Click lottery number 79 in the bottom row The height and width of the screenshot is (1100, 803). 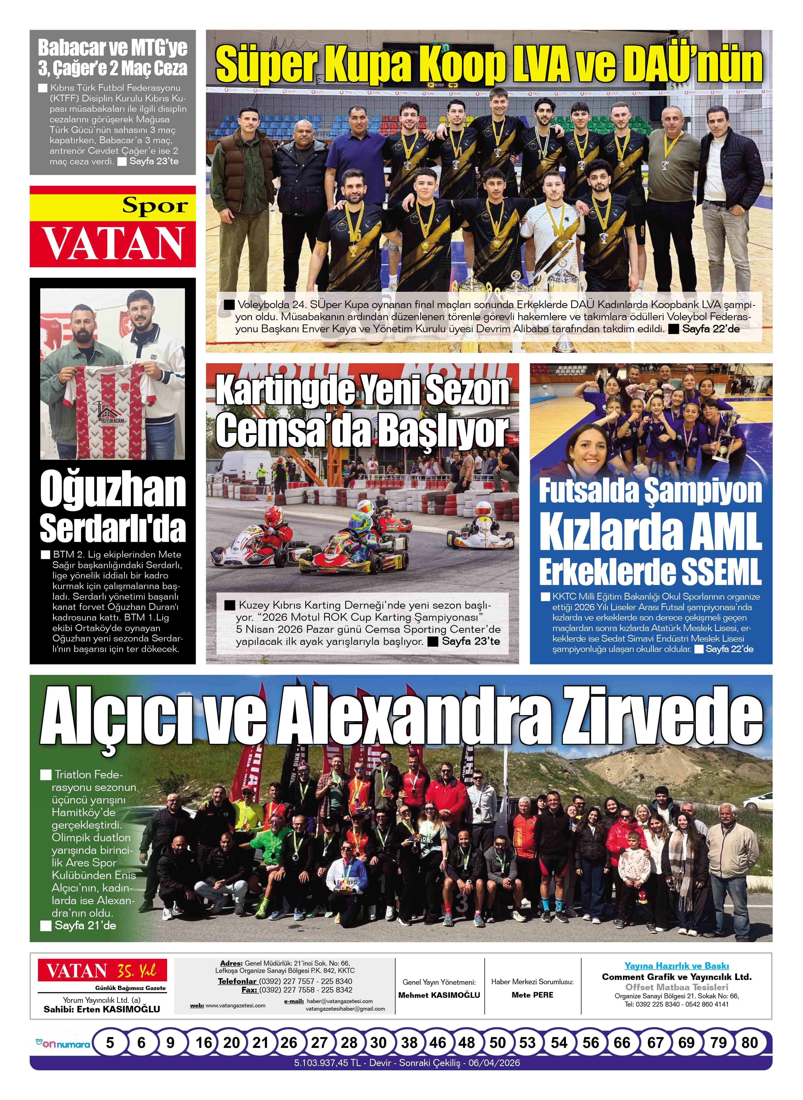coord(718,1056)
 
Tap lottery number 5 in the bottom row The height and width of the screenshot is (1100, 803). coord(110,1056)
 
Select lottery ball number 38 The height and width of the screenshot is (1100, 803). coord(409,1056)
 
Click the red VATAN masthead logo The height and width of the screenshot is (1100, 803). coord(113,244)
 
